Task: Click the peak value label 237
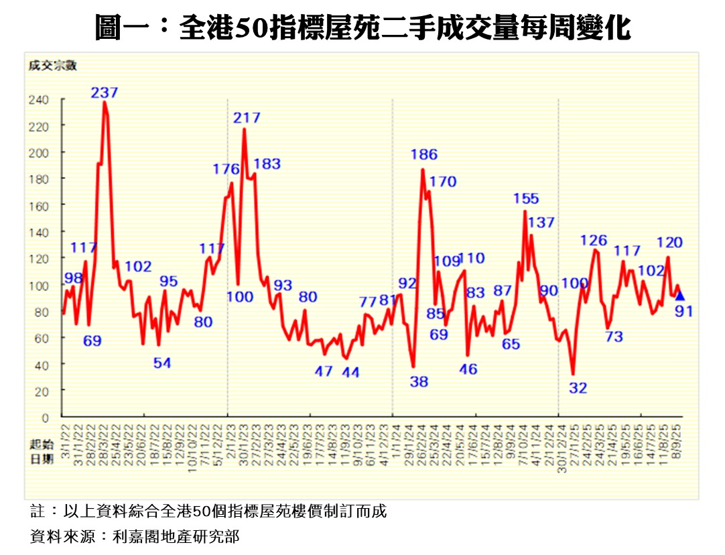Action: pyautogui.click(x=105, y=93)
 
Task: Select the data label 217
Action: pyautogui.click(x=247, y=118)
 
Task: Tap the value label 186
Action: pyautogui.click(x=424, y=155)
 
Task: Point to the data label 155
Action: pyautogui.click(x=526, y=198)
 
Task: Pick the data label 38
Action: pyautogui.click(x=419, y=382)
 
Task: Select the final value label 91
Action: pyautogui.click(x=683, y=311)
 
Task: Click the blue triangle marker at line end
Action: pyautogui.click(x=680, y=296)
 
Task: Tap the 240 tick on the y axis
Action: pyautogui.click(x=39, y=100)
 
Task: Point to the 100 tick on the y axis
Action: pyautogui.click(x=39, y=286)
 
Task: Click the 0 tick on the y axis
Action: pyautogui.click(x=45, y=418)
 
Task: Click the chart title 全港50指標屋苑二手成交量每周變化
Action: pyautogui.click(x=362, y=28)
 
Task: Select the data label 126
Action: pyautogui.click(x=594, y=241)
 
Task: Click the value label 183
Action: pyautogui.click(x=267, y=164)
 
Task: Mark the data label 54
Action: pyautogui.click(x=162, y=363)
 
